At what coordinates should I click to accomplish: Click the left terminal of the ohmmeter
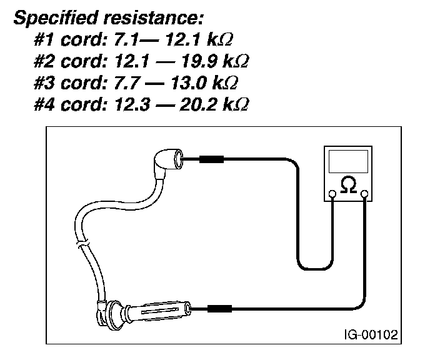coord(332,194)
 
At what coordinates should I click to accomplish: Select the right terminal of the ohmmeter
coord(362,194)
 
